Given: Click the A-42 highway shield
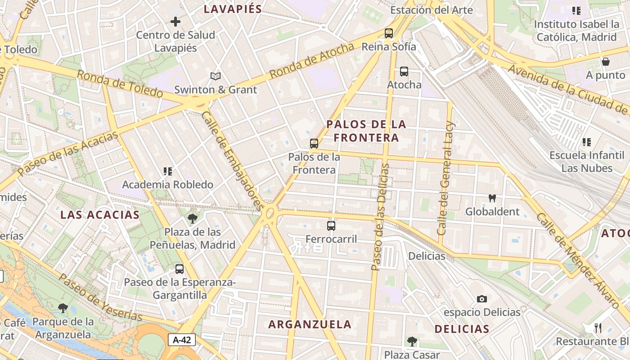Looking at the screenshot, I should (182, 340).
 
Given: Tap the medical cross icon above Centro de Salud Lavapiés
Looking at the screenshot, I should (175, 21).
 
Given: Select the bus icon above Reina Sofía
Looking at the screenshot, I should (389, 33).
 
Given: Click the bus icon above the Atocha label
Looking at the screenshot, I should (404, 71).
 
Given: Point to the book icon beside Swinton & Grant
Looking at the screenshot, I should (216, 76).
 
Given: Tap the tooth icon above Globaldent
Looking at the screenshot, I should (492, 198).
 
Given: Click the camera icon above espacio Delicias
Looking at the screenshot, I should (482, 299).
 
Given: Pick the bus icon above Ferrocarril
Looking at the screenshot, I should (331, 225).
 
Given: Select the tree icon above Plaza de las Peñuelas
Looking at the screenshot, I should (193, 219).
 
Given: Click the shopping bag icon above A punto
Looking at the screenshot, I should (606, 62).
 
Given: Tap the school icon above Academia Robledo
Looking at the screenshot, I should (168, 171).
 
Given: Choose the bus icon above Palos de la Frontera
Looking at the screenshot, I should (314, 144).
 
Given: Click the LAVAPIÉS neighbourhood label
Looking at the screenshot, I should (233, 9).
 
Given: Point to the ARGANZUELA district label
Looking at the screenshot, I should (310, 324).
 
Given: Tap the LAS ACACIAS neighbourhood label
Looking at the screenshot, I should (100, 215).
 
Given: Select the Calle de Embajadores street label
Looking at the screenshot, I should (232, 161).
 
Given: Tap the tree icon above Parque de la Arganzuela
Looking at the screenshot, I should (63, 308).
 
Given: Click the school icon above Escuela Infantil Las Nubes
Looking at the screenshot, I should (587, 142).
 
